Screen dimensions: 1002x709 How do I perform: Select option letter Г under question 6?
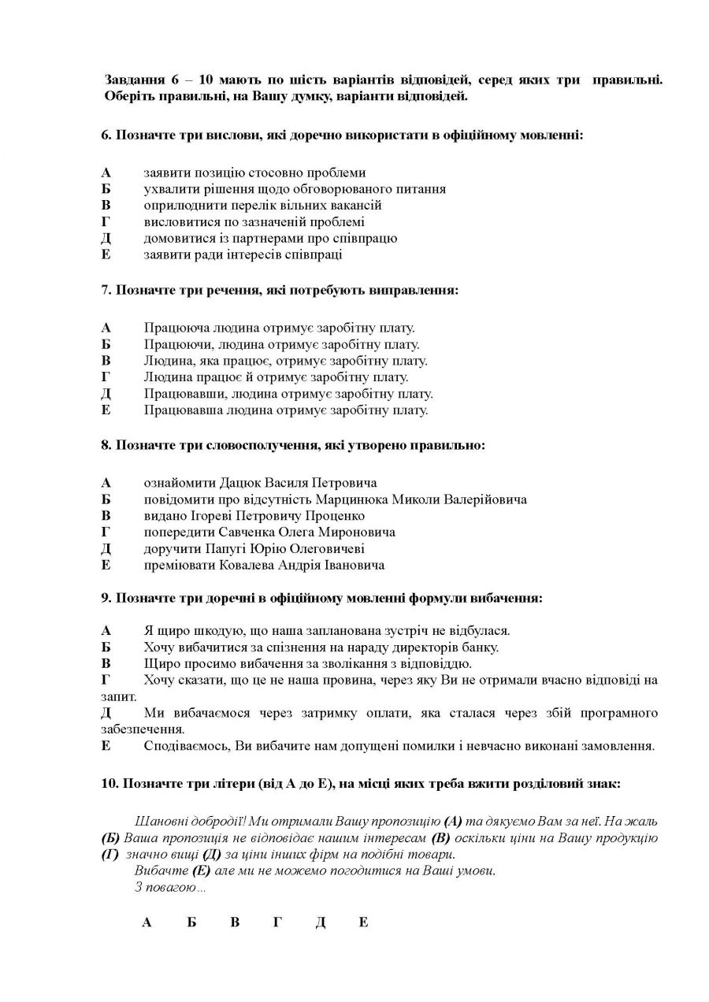(106, 221)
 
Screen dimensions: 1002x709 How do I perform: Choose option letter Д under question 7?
(106, 393)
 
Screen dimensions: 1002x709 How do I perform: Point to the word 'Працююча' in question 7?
(169, 328)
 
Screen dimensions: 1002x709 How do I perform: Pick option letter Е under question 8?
(106, 565)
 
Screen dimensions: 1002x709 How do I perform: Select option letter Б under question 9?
(106, 647)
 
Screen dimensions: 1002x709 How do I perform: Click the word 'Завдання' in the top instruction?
(132, 80)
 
